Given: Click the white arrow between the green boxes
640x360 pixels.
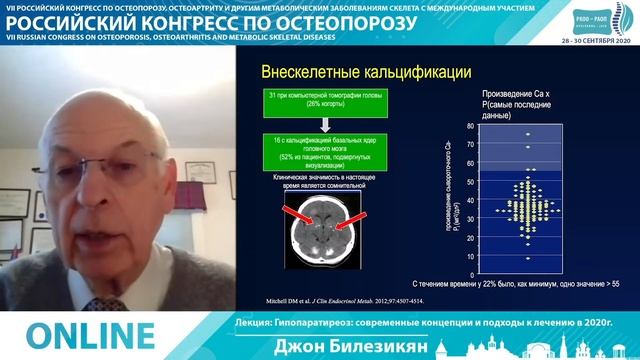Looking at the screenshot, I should click(323, 123).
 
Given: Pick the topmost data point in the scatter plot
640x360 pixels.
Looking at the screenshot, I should click(528, 134).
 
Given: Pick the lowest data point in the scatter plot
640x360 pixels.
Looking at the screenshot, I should click(528, 258).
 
